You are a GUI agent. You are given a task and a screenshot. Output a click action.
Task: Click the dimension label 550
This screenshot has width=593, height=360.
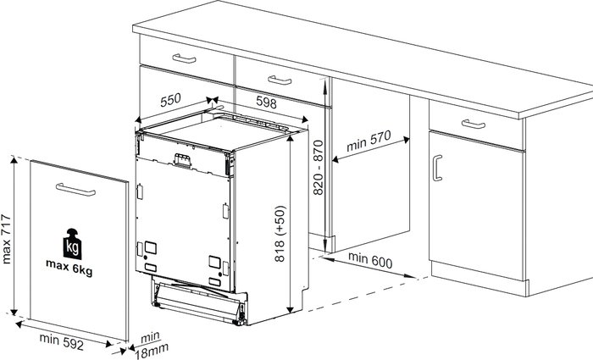click(x=170, y=100)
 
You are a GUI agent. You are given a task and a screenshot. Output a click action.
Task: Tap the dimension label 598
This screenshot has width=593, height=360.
click(x=266, y=102)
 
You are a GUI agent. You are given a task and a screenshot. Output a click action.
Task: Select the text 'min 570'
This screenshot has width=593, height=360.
click(x=369, y=141)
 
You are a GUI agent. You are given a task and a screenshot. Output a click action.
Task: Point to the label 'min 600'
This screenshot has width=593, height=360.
click(x=370, y=260)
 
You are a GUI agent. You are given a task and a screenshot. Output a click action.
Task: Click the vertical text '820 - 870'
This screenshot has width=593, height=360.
click(x=319, y=168)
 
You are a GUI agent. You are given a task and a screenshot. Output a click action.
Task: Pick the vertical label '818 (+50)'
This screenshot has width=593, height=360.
click(x=280, y=234)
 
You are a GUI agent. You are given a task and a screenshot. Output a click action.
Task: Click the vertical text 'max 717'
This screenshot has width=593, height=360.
click(x=7, y=239)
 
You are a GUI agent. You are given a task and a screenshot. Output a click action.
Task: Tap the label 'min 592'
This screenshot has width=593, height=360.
click(x=61, y=341)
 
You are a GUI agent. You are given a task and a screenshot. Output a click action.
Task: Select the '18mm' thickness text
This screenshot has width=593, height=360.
click(x=152, y=352)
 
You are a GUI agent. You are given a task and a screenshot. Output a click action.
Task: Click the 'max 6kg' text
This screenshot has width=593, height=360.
click(x=69, y=268)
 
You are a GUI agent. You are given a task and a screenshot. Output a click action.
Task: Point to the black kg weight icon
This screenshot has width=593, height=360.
click(x=72, y=244)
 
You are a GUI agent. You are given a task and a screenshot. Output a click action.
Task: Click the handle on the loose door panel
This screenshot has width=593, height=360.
click(x=75, y=190)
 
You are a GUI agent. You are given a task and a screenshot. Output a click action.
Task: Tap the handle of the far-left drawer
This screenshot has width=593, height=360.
click(x=184, y=58)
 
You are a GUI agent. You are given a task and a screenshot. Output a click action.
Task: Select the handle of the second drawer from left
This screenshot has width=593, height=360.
click(x=280, y=80)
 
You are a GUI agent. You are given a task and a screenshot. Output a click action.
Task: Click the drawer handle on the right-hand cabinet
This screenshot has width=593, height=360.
click(x=474, y=124)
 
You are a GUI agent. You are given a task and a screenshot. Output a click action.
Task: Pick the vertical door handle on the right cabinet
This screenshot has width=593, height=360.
click(x=437, y=168)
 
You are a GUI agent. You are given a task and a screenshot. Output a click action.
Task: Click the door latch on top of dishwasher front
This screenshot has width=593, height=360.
click(x=182, y=160)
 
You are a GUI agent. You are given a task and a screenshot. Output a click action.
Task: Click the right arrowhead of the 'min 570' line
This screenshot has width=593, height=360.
click(x=406, y=140)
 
